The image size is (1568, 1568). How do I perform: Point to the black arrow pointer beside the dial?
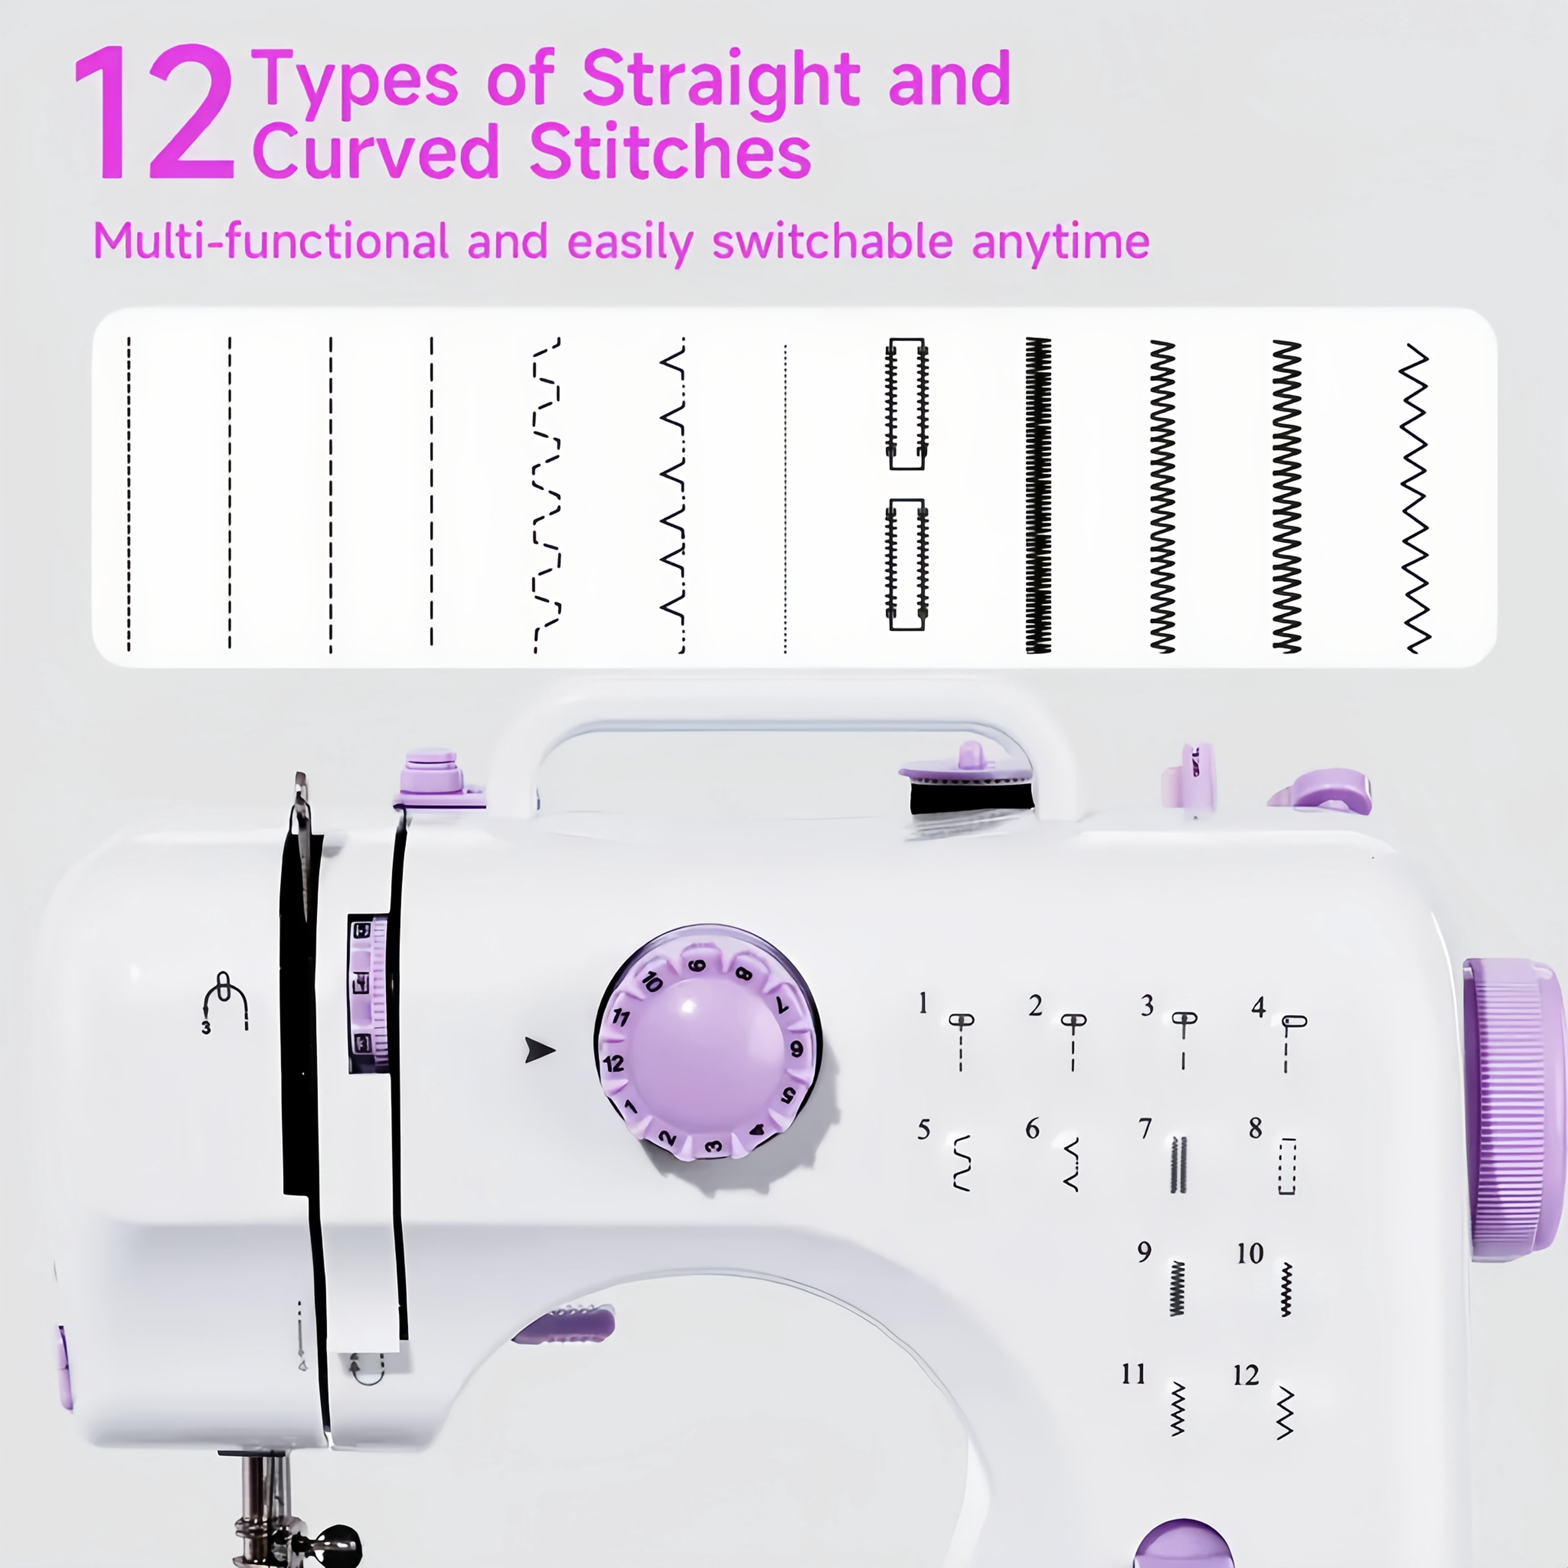tap(539, 1050)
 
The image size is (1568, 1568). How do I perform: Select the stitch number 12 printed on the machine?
tap(1246, 1375)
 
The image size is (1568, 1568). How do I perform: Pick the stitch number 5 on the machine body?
tap(924, 1130)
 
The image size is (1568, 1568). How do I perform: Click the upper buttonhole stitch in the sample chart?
tap(906, 403)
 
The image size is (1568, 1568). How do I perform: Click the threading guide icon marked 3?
tap(224, 1003)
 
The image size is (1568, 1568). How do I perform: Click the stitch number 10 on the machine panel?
tap(1250, 1254)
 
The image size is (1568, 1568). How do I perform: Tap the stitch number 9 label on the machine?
tap(1144, 1252)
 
